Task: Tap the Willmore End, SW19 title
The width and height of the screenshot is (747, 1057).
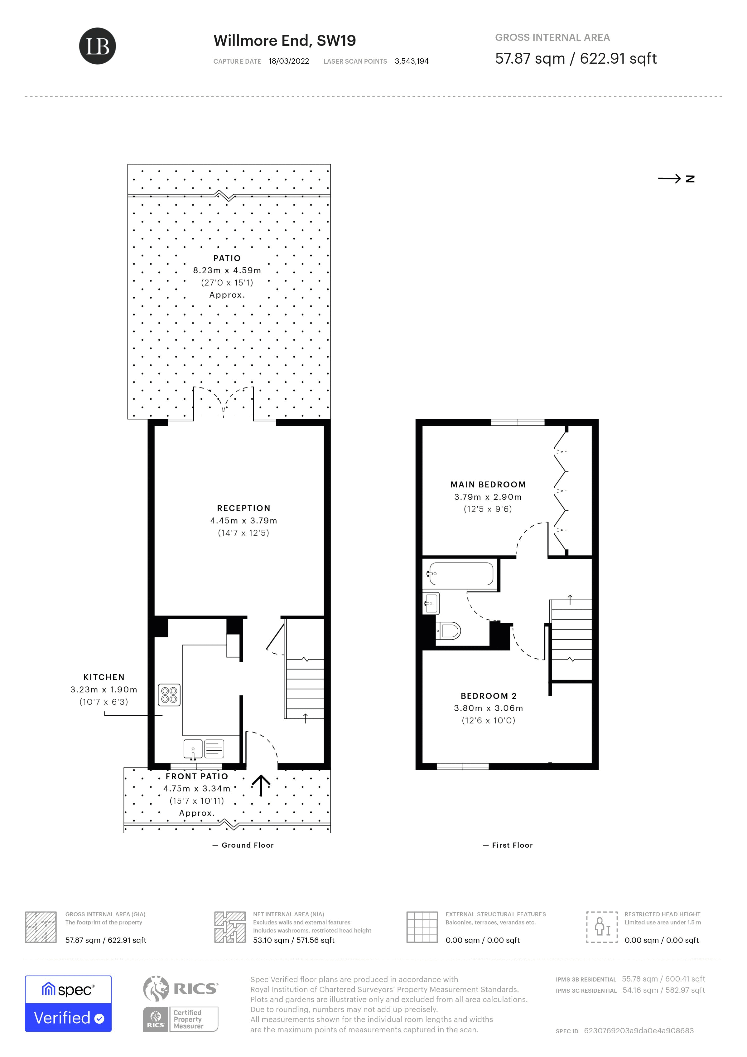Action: [284, 41]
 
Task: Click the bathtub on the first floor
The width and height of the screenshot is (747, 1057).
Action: [460, 574]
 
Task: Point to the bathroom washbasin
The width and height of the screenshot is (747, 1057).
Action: [431, 603]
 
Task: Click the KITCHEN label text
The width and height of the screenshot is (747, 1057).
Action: [104, 677]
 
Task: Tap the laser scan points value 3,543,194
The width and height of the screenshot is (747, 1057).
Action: [411, 61]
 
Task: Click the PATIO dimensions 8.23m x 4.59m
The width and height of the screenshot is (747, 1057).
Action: [227, 270]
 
